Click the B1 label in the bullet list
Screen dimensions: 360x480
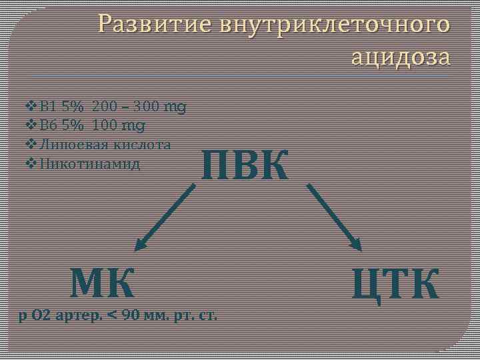[47, 106]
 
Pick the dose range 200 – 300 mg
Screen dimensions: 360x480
[139, 106]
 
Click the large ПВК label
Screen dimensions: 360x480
[245, 165]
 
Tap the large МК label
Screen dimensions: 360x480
[103, 282]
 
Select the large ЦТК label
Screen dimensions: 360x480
[396, 283]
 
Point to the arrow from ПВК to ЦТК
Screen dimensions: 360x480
[334, 217]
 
